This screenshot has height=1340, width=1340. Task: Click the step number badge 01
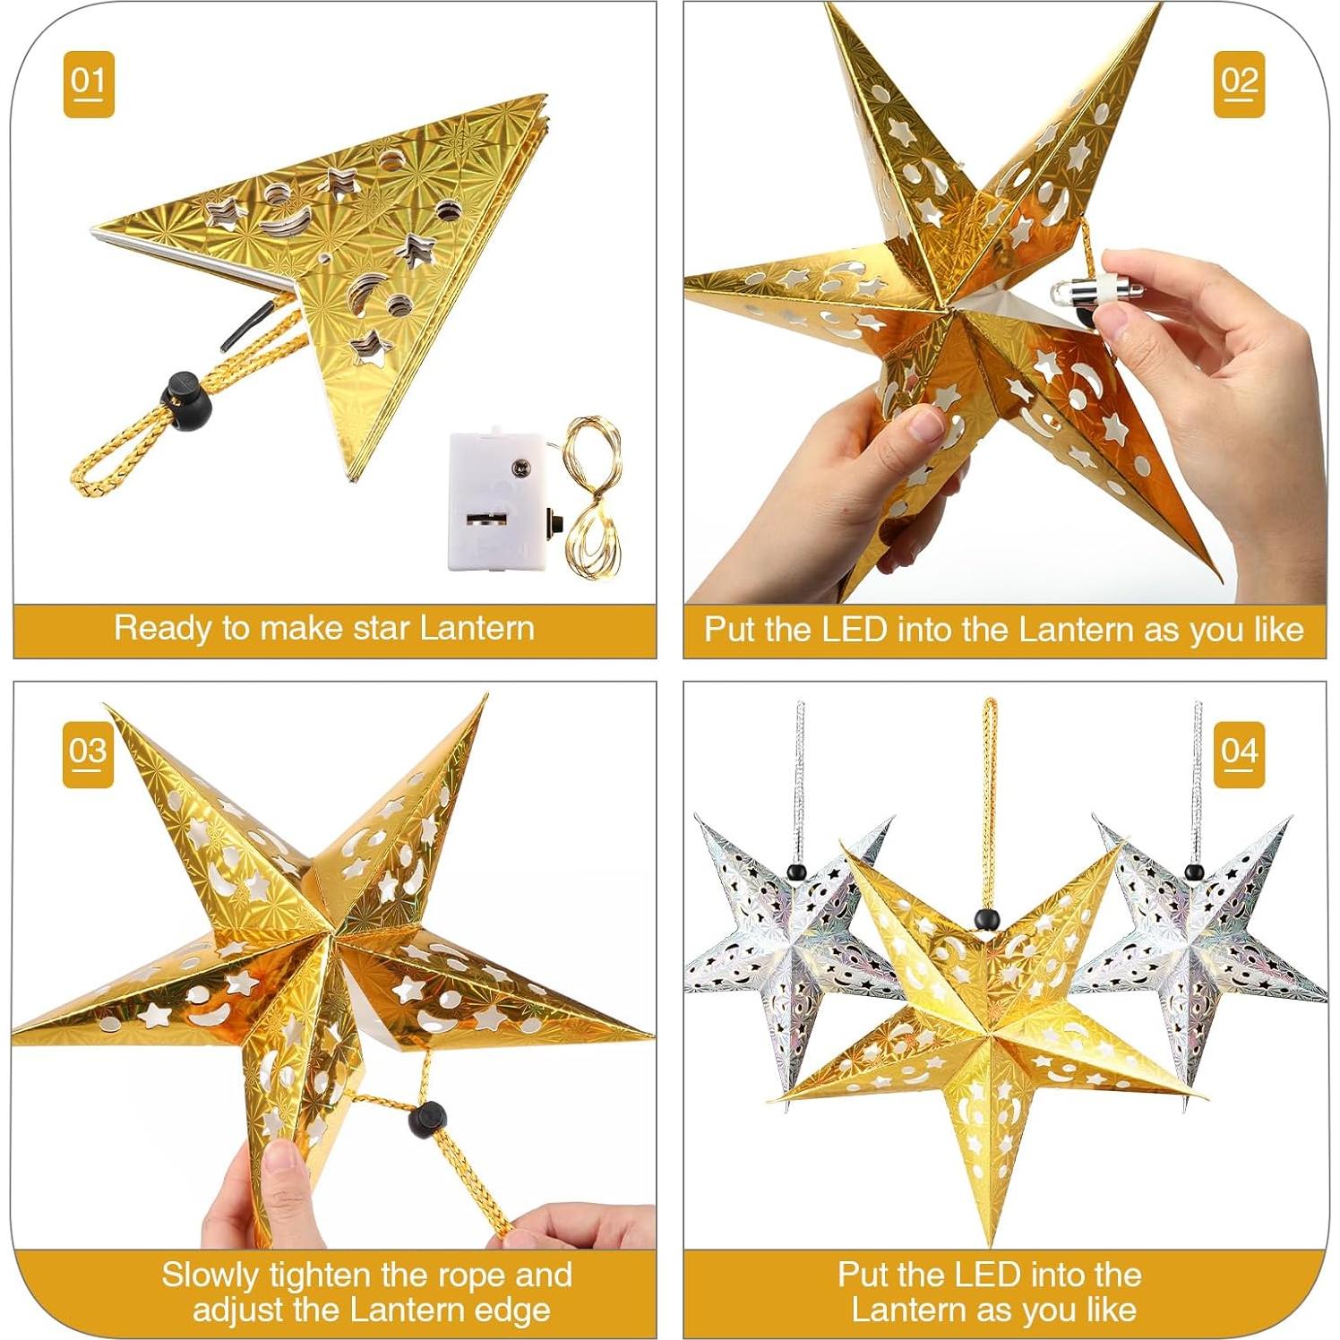(89, 83)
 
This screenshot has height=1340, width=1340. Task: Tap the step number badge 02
(1239, 83)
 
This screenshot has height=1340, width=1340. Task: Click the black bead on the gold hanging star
(985, 919)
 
